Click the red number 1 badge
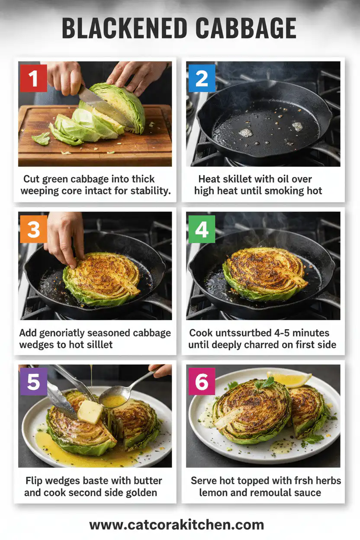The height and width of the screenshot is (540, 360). [x=33, y=78]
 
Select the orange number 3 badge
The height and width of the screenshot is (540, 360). [x=33, y=228]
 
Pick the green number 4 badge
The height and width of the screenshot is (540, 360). [x=202, y=228]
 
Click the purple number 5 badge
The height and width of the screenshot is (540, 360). [x=33, y=381]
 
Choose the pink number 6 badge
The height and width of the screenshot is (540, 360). [x=201, y=381]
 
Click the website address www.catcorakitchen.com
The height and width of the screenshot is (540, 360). [x=176, y=525]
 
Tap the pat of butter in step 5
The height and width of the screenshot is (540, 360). [x=90, y=411]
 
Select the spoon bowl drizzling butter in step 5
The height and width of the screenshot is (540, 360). [x=113, y=401]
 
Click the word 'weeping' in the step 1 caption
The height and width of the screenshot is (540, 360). [x=42, y=191]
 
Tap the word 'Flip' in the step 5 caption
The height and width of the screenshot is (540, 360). [x=35, y=481]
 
